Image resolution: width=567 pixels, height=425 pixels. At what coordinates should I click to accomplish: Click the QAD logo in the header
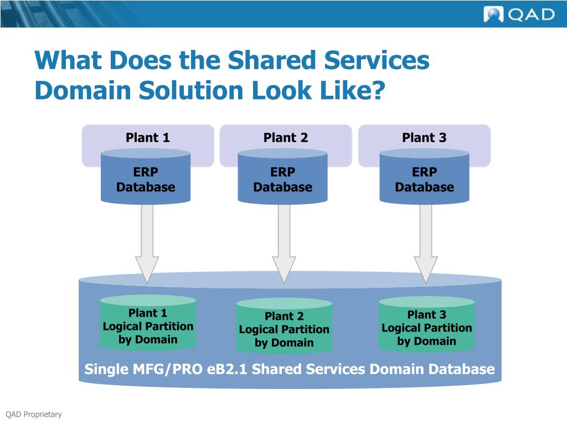coord(519,14)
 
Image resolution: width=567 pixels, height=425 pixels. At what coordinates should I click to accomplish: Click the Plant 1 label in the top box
coord(147,138)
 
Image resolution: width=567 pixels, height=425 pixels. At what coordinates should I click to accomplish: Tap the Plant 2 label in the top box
coord(286,138)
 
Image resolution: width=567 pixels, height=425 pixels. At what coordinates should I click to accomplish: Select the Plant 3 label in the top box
coord(424,138)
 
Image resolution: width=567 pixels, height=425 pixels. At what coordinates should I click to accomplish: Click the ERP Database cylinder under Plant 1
coord(146,180)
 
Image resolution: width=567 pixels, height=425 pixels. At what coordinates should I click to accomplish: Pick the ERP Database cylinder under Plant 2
coord(283,180)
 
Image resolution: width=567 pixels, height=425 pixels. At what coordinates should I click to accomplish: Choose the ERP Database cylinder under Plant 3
coord(424,180)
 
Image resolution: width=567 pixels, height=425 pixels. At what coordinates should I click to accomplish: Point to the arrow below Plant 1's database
coord(147,243)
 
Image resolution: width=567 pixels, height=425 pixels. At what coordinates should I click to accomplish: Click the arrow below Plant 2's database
coord(284,243)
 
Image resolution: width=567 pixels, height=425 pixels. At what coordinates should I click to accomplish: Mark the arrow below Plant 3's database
coord(426,243)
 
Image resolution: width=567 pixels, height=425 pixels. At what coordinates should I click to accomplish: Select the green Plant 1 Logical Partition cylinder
coord(148,326)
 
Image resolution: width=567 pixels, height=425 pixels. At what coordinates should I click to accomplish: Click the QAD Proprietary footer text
coord(34,414)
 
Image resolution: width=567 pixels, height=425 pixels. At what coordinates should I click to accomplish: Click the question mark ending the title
coord(376,90)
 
